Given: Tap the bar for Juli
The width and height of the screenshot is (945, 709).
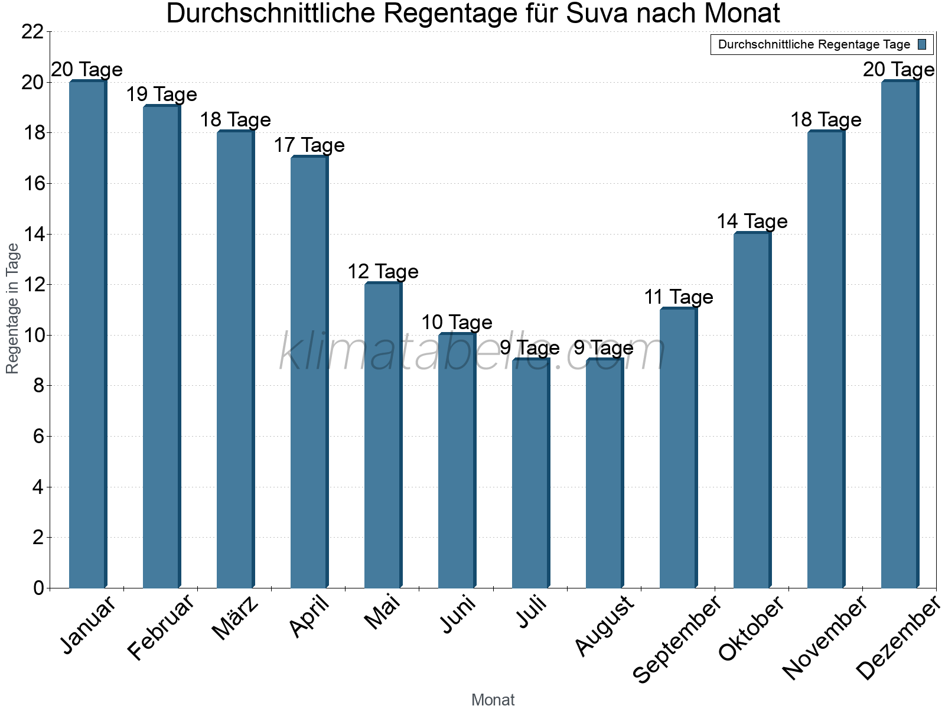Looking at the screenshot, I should [530, 473].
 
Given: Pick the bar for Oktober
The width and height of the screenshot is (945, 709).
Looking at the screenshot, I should [752, 410].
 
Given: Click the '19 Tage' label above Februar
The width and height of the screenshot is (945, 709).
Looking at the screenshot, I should [161, 95].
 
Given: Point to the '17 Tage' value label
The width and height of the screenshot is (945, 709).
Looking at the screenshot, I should [309, 145].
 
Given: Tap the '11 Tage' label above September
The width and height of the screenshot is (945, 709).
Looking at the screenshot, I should [679, 297].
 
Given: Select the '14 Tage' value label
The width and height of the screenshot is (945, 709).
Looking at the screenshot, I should [752, 222].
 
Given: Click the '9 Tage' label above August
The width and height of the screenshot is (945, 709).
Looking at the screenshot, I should [604, 348].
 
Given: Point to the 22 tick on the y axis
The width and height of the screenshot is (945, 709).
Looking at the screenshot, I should [32, 32].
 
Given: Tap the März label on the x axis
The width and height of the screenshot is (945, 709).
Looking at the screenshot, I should [235, 618].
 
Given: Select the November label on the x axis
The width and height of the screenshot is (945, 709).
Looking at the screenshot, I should [825, 637].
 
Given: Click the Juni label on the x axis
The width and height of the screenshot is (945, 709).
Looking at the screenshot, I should [458, 614].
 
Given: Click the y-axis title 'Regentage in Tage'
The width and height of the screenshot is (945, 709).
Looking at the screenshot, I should [13, 308].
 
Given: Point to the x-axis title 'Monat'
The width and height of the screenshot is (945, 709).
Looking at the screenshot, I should [493, 700].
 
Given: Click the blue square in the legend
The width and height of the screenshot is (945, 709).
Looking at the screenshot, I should [922, 44].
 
